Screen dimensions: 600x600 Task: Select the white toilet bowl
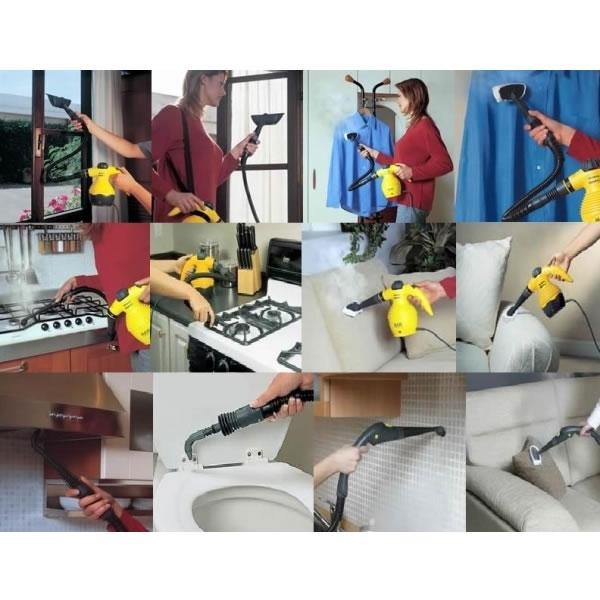[x=230, y=499]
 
